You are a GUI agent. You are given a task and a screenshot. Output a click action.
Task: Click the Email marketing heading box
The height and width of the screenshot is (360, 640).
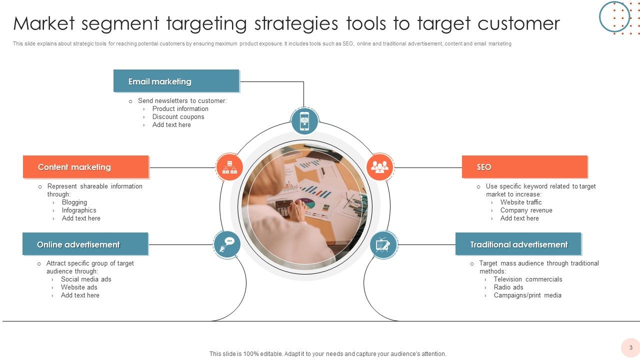176,81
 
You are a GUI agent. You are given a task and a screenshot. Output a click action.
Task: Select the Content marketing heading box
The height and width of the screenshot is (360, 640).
85,167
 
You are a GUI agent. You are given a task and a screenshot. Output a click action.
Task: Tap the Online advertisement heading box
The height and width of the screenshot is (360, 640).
85,244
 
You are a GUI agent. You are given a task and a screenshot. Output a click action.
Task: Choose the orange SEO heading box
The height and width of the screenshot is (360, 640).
524,167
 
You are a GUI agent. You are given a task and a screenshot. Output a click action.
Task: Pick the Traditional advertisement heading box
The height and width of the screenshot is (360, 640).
518,244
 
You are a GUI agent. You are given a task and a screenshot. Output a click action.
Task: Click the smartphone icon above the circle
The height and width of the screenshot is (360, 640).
304,121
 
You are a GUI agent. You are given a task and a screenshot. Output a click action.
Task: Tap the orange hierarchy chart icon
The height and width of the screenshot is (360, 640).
229,166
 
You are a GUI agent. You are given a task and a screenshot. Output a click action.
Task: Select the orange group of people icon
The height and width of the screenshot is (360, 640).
380,166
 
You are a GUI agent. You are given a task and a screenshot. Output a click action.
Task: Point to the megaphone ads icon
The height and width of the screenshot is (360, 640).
227,244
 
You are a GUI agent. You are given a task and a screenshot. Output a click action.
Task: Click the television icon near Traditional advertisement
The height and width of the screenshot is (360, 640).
383,244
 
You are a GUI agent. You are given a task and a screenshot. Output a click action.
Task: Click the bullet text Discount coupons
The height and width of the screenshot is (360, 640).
178,117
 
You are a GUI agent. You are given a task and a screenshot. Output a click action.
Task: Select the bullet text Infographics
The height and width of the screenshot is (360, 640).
79,210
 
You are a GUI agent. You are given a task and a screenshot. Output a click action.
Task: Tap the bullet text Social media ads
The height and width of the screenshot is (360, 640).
86,279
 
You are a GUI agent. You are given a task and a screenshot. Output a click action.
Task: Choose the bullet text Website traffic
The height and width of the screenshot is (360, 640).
521,202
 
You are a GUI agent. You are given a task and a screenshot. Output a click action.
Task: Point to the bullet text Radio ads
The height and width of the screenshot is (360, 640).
508,287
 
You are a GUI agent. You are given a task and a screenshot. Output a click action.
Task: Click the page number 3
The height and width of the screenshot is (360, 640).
630,347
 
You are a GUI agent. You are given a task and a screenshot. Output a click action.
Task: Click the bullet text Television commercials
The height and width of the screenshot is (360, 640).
528,279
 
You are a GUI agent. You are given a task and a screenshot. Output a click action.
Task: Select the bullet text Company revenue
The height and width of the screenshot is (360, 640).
526,210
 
